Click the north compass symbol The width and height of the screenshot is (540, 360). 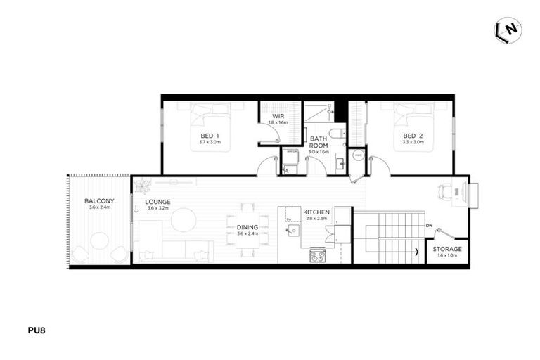(508, 30)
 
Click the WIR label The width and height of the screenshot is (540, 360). (279, 116)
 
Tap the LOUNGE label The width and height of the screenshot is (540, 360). (158, 202)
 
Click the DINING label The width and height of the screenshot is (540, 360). (247, 227)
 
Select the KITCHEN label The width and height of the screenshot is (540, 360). (316, 211)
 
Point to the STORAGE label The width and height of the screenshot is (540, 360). (447, 250)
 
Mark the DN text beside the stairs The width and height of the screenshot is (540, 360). (429, 226)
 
